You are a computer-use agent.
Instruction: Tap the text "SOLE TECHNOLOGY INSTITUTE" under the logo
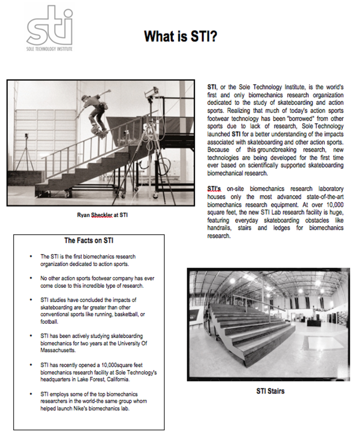[49, 49]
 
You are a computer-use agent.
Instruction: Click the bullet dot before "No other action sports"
[31, 279]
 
